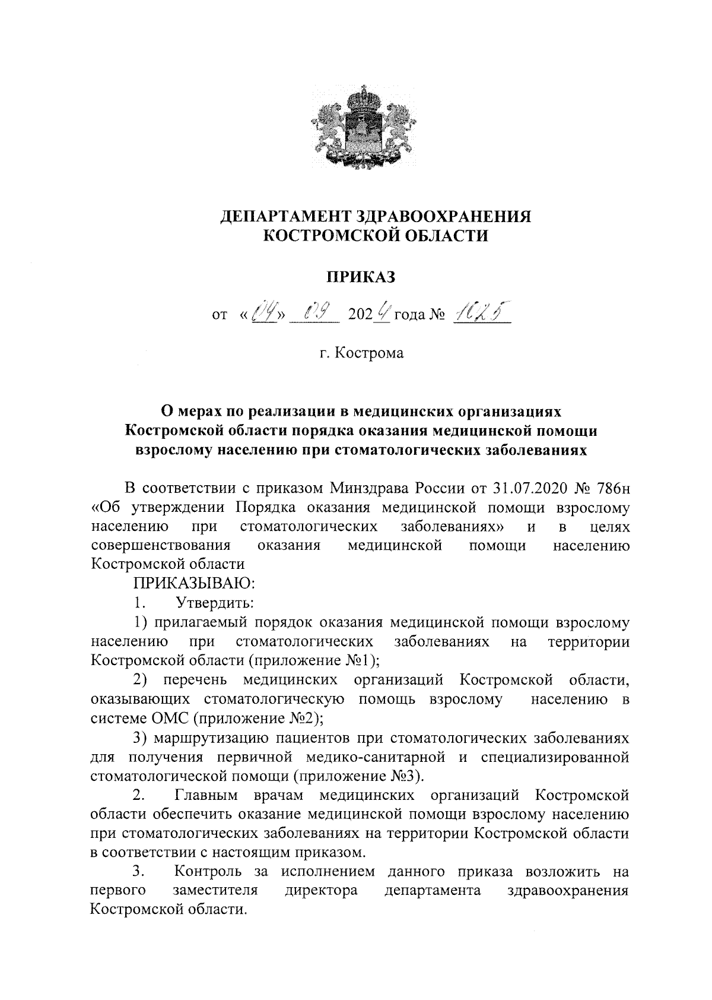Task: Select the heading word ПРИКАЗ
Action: click(x=357, y=277)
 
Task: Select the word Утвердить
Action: click(x=215, y=603)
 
